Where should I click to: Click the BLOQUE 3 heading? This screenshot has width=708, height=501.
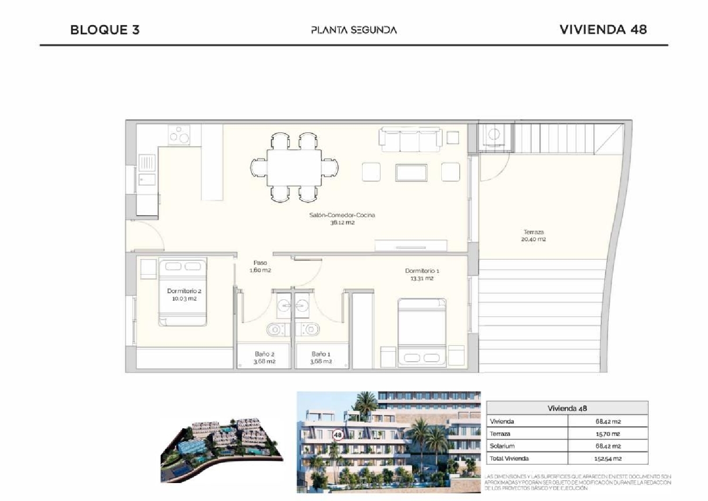coord(105,30)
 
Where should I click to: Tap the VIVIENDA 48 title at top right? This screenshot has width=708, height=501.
coord(603,29)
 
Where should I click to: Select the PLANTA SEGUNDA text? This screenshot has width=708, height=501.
coord(354,30)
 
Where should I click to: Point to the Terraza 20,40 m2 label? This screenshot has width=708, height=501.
coord(533,236)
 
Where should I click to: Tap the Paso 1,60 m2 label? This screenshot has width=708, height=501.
coord(260,266)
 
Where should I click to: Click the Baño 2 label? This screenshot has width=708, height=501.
coord(264,357)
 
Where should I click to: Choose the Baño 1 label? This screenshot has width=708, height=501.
coord(320,357)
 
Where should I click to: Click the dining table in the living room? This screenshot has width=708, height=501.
coord(294,168)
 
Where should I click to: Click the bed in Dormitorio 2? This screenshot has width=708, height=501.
coord(183,291)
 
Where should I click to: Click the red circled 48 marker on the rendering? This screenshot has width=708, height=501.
coord(337,435)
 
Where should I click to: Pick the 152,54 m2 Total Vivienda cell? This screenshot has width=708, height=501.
coord(607,459)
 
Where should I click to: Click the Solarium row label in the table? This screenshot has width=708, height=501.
coord(502,446)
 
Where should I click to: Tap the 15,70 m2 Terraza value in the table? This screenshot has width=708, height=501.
coord(607,433)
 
